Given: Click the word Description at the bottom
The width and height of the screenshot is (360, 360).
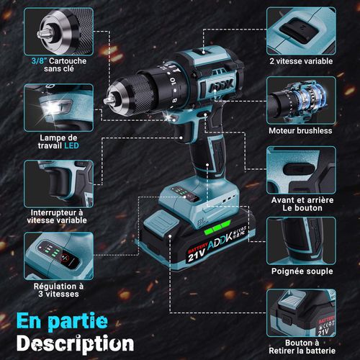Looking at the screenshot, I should point(75,342).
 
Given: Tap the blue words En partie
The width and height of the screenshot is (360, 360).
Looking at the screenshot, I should point(63,318).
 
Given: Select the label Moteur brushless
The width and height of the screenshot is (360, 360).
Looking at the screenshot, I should point(300,130).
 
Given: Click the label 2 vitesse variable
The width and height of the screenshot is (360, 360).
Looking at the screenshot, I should point(301,61).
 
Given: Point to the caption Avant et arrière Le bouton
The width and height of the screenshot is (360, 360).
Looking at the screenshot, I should point(301,204).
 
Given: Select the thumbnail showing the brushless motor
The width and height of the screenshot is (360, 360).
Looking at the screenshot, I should point(300,99).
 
